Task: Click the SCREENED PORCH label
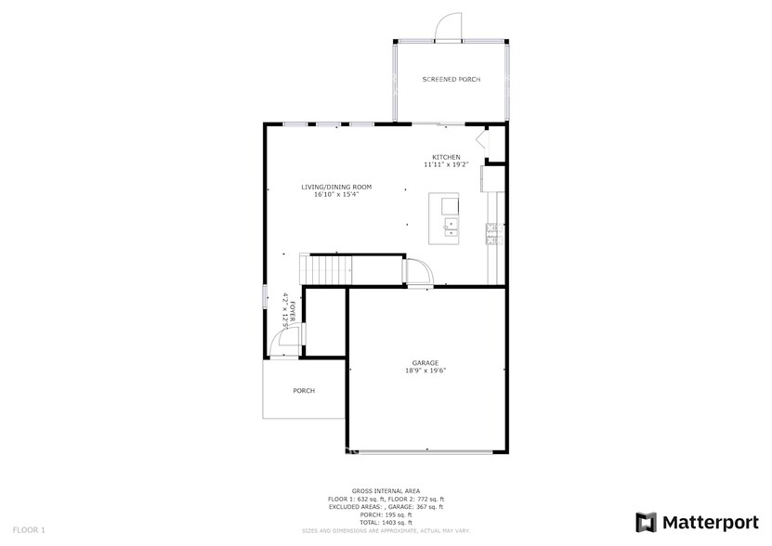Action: click(x=451, y=80)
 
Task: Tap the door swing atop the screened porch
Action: click(x=451, y=26)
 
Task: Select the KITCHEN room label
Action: click(x=446, y=157)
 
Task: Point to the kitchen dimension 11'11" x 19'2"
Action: click(x=446, y=165)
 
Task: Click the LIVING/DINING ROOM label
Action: click(x=335, y=187)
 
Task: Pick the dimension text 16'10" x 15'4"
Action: click(x=335, y=195)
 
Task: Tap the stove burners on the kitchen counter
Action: click(x=491, y=233)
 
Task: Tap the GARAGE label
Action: click(x=425, y=362)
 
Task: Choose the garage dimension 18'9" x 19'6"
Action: click(x=425, y=370)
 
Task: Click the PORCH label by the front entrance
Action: click(x=304, y=391)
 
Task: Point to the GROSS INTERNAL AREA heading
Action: click(x=386, y=490)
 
